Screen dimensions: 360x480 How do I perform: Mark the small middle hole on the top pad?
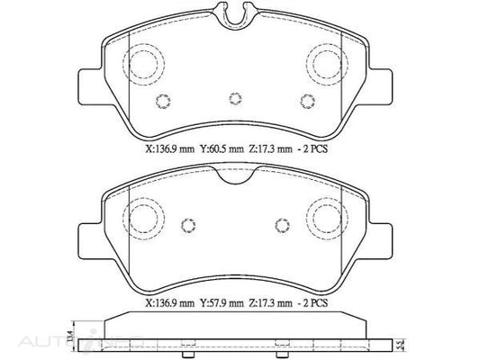coord(236,98)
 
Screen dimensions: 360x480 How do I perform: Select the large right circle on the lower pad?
coord(327,216)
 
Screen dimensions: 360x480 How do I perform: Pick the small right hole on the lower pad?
coord(281,225)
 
